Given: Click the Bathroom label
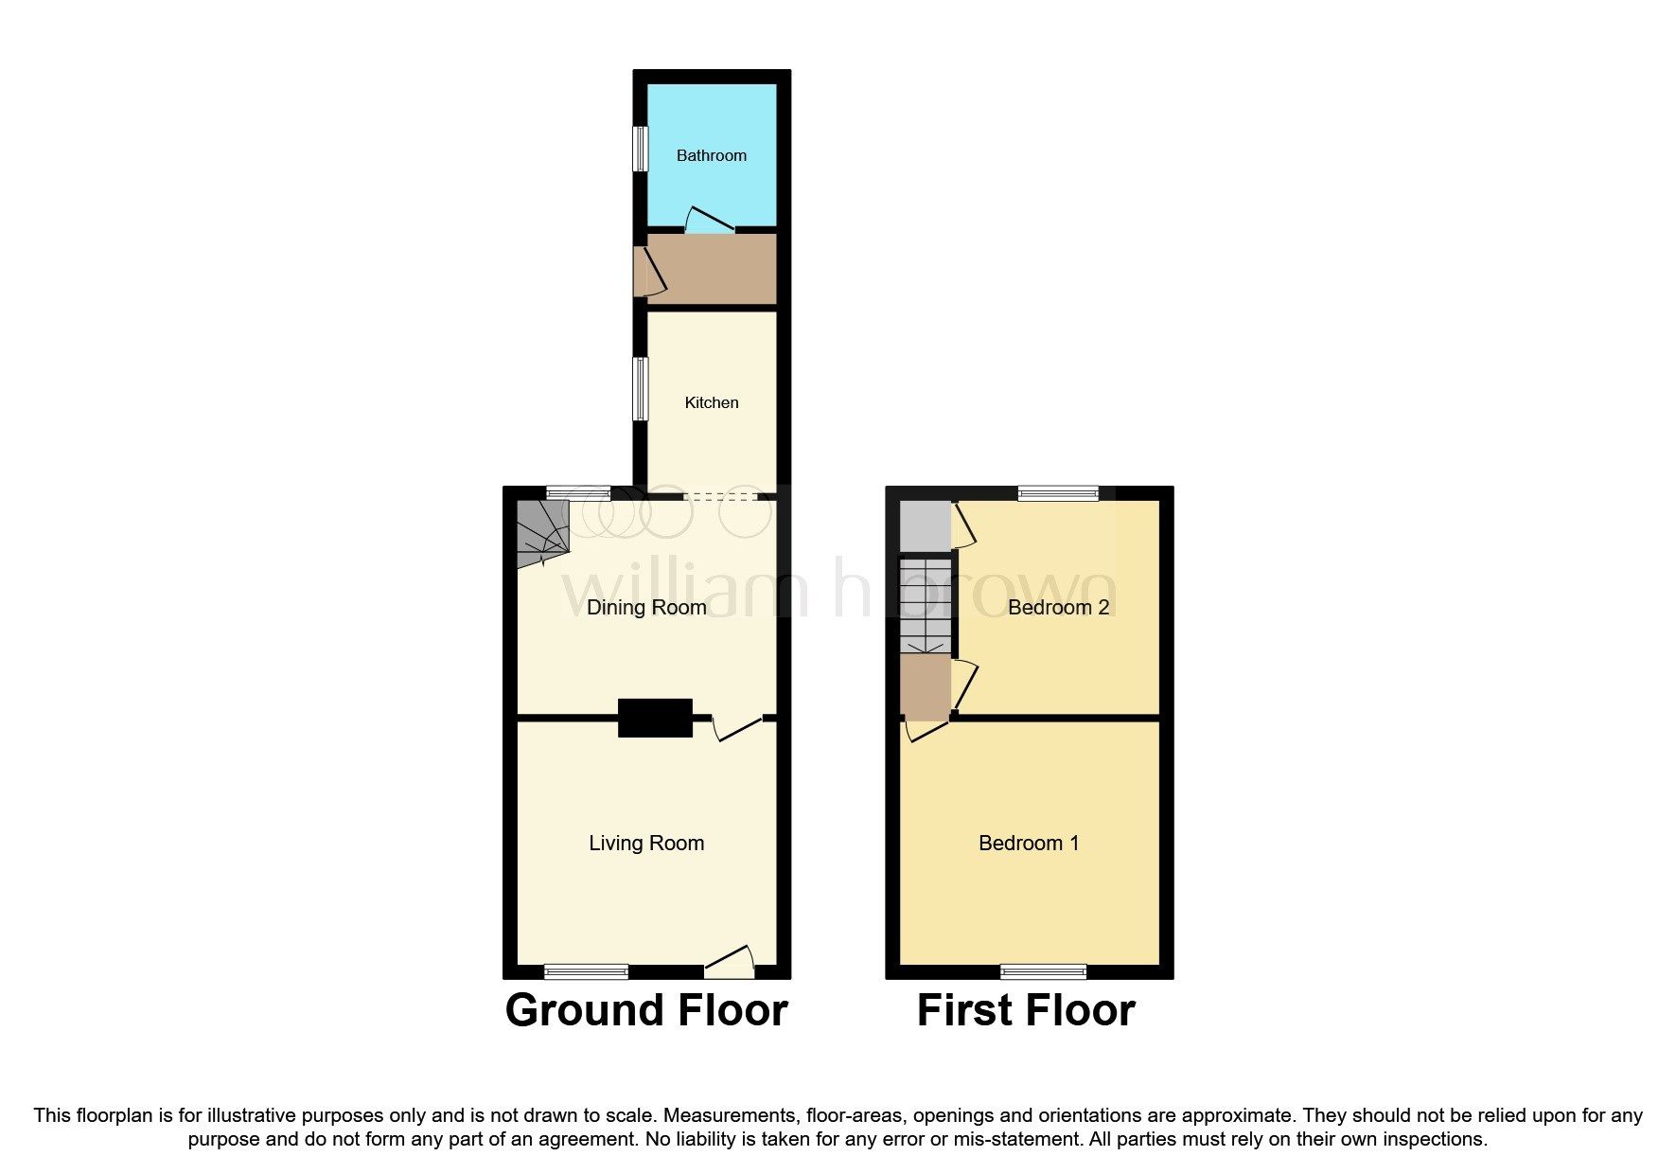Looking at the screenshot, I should click(711, 155).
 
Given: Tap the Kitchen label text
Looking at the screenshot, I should click(711, 402).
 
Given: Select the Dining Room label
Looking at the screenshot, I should click(646, 607).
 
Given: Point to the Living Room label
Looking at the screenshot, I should click(646, 843).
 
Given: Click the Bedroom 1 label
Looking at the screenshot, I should click(1028, 843).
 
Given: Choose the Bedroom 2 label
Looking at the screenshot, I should click(1058, 607).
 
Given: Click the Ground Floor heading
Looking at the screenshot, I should click(646, 1009).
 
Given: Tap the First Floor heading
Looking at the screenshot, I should click(1026, 1009).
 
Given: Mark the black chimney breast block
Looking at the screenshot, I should click(655, 718).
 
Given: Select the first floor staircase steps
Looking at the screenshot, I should click(925, 604).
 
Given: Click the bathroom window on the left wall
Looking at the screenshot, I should click(641, 149).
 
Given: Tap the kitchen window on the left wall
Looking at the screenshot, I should click(641, 388).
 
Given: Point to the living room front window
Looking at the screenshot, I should click(586, 970).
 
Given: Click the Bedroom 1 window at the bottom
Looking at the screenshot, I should click(1044, 970).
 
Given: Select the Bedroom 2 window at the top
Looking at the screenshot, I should click(1058, 492).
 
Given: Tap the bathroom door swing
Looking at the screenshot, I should click(709, 221).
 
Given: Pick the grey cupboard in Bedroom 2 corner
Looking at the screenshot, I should click(924, 525).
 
